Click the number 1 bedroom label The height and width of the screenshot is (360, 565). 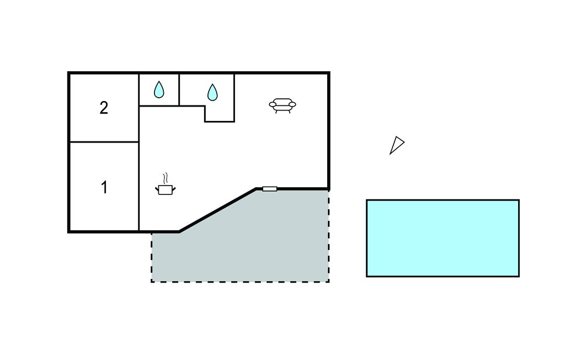click(x=104, y=188)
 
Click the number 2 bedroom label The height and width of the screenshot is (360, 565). click(x=104, y=108)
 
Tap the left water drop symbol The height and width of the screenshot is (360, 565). click(x=159, y=89)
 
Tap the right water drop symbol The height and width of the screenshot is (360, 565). click(x=212, y=92)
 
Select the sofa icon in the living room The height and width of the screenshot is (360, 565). click(x=282, y=105)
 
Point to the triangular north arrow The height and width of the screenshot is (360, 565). click(x=397, y=145)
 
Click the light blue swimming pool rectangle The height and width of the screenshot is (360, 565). click(x=443, y=238)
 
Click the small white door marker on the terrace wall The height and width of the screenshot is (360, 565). click(x=269, y=189)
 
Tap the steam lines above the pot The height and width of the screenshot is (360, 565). click(x=166, y=178)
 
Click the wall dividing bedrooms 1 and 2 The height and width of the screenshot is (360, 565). click(x=104, y=142)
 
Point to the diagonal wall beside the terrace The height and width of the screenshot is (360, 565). click(x=217, y=210)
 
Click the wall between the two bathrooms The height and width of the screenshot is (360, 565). click(x=179, y=90)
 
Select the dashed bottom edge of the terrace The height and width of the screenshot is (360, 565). click(x=240, y=282)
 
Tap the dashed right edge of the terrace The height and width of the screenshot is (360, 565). click(x=329, y=236)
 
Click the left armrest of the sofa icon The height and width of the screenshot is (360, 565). click(x=273, y=104)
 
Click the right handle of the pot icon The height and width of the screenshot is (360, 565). click(x=174, y=189)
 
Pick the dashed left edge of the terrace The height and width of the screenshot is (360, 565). click(x=152, y=257)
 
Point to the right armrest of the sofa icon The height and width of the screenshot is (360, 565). click(x=292, y=104)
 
